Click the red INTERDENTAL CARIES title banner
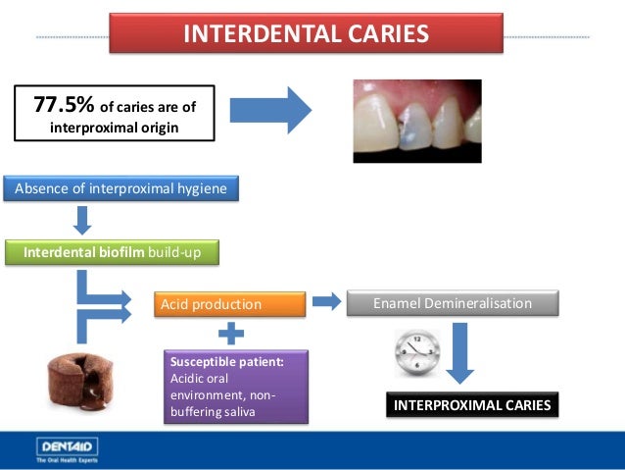(306, 33)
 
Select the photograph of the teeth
(416, 121)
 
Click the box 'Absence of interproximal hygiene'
(122, 188)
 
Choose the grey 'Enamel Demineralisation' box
(453, 303)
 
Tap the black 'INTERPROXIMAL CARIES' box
(472, 404)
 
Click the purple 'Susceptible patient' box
(235, 387)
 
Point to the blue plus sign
(230, 334)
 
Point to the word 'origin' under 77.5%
(157, 127)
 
